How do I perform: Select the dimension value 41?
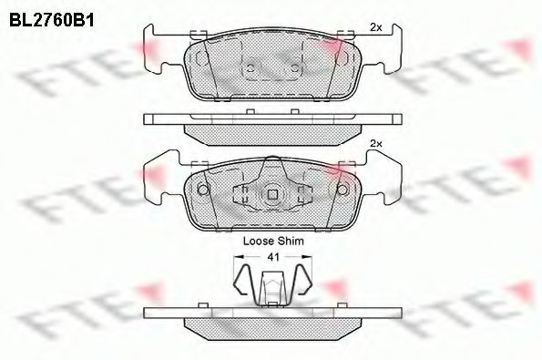(271, 258)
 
